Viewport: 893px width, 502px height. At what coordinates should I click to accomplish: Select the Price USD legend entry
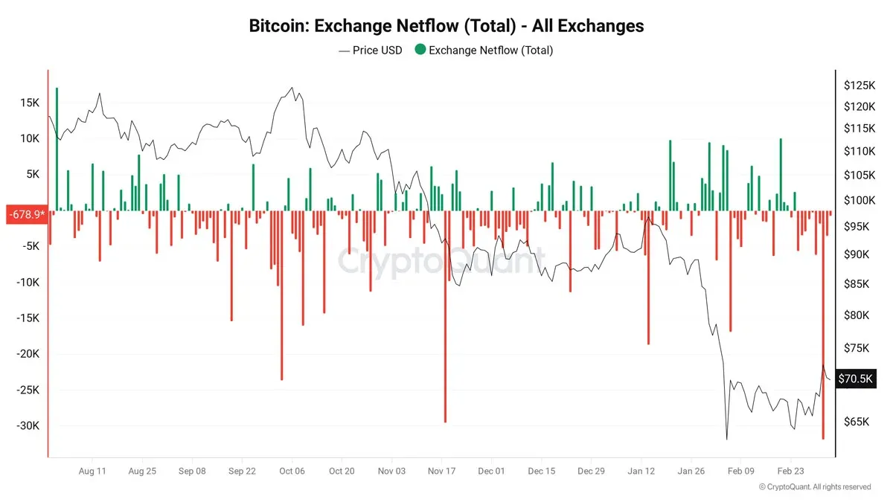(370, 51)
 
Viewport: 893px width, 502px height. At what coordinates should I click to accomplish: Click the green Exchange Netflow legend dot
(420, 51)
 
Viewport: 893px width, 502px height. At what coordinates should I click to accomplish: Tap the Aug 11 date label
(92, 471)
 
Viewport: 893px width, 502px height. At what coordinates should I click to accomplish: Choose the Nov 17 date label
(441, 471)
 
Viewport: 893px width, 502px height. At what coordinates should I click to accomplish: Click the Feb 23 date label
(790, 471)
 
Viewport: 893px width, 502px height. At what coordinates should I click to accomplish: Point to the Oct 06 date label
(292, 471)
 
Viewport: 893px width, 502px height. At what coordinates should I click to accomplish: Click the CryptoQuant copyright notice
(814, 487)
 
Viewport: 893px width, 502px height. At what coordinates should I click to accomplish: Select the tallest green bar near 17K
(57, 149)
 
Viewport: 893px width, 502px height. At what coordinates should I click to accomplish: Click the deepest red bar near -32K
(823, 327)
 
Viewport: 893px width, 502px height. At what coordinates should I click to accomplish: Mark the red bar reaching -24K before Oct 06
(281, 297)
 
